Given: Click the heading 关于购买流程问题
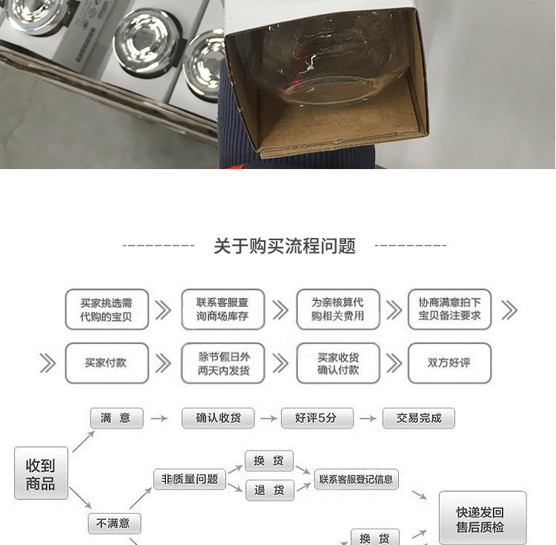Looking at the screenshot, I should click(285, 246).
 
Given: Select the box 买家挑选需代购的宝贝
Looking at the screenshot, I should click(106, 309).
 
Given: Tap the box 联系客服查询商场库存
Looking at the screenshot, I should click(222, 309).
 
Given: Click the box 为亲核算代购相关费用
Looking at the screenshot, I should click(338, 309).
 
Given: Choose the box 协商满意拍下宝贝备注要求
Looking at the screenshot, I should click(449, 309).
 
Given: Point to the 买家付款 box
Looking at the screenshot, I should click(106, 363).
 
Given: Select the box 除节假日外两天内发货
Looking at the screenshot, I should click(222, 363).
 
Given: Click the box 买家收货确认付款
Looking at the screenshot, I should click(338, 363).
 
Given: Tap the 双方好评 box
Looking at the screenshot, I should click(449, 363).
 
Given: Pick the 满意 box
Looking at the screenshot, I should click(116, 418).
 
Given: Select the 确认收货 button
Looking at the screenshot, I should click(219, 418).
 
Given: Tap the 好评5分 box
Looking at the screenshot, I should click(317, 418).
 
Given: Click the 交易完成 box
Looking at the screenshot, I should click(419, 418).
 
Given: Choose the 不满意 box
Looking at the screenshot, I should click(114, 523).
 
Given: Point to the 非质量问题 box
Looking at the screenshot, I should click(190, 479).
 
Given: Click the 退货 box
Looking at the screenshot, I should click(269, 490).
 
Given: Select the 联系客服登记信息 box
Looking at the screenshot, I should click(357, 479).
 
